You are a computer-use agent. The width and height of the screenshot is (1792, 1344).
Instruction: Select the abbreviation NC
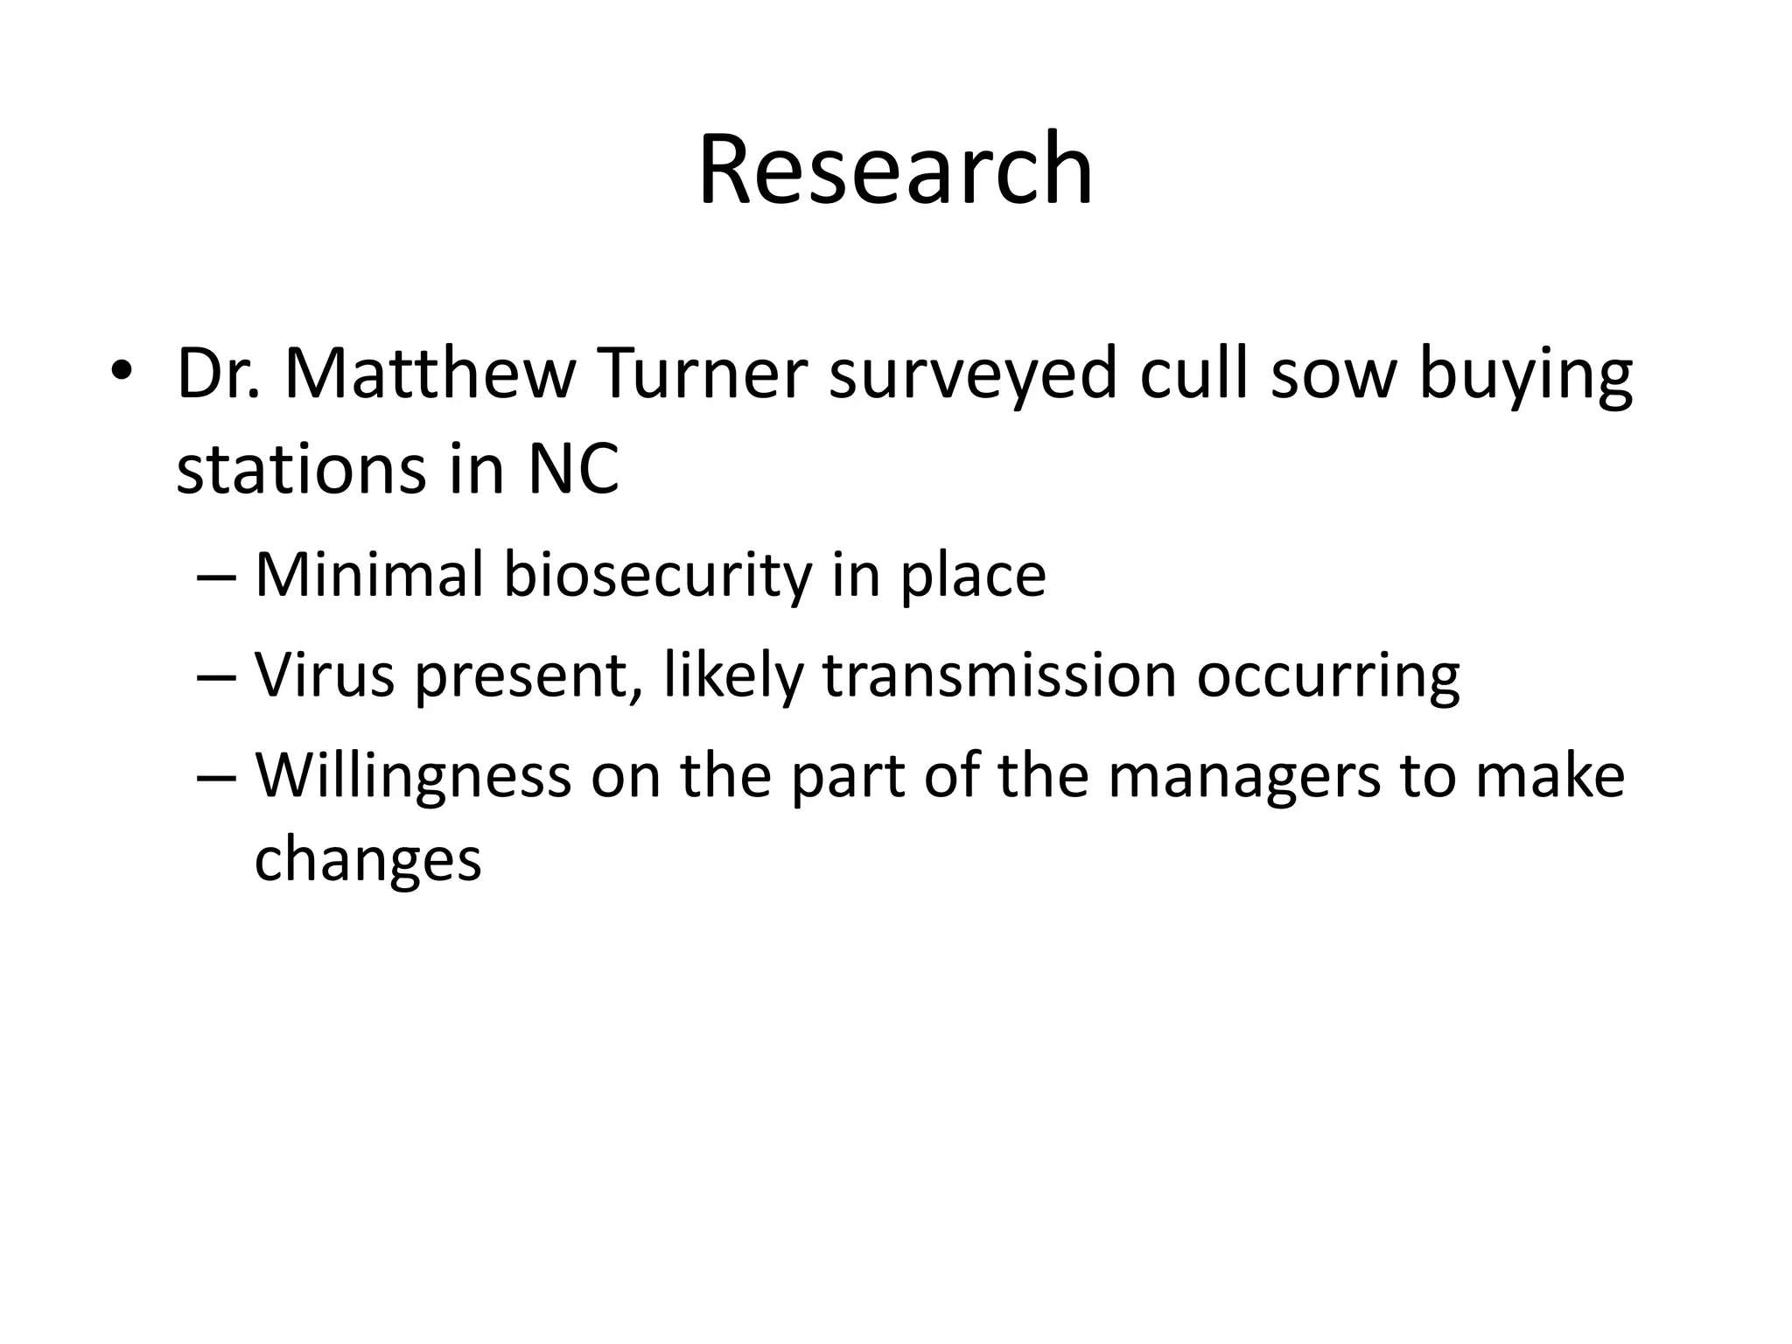[573, 469]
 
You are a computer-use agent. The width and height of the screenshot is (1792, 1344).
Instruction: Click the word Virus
[325, 675]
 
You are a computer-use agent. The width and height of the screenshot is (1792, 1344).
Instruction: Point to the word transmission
[999, 675]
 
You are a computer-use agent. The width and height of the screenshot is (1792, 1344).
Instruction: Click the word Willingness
[412, 776]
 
